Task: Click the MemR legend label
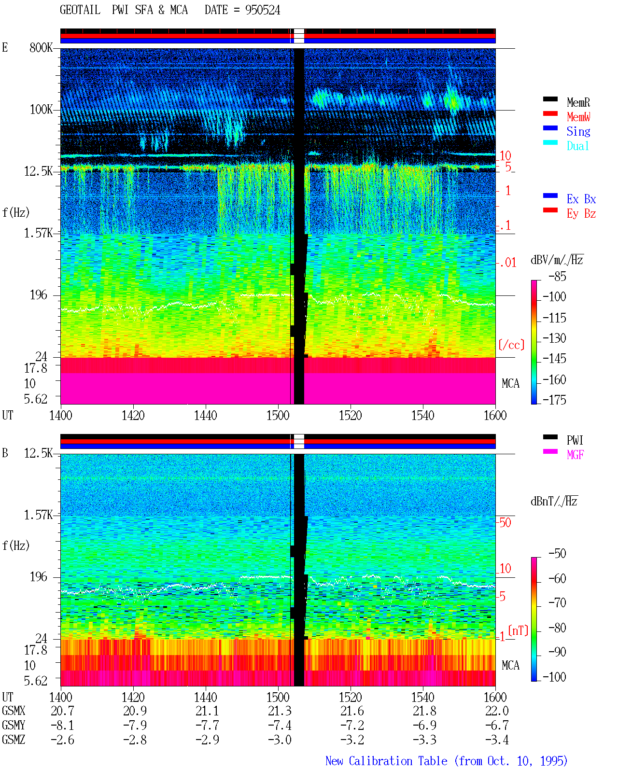578,102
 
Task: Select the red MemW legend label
578,117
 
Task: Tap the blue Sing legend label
578,131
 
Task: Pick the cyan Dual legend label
577,146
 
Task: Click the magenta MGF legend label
575,455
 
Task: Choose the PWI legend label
575,440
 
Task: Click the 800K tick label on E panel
41,47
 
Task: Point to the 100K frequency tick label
41,110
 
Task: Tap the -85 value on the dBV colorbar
557,276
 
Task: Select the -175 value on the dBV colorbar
554,400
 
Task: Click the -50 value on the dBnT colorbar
557,554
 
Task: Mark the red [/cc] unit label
511,345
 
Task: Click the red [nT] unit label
518,630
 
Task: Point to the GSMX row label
14,711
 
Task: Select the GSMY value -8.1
63,726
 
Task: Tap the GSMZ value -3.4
497,740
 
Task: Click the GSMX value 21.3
280,711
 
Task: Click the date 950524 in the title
263,10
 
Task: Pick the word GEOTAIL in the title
80,10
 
